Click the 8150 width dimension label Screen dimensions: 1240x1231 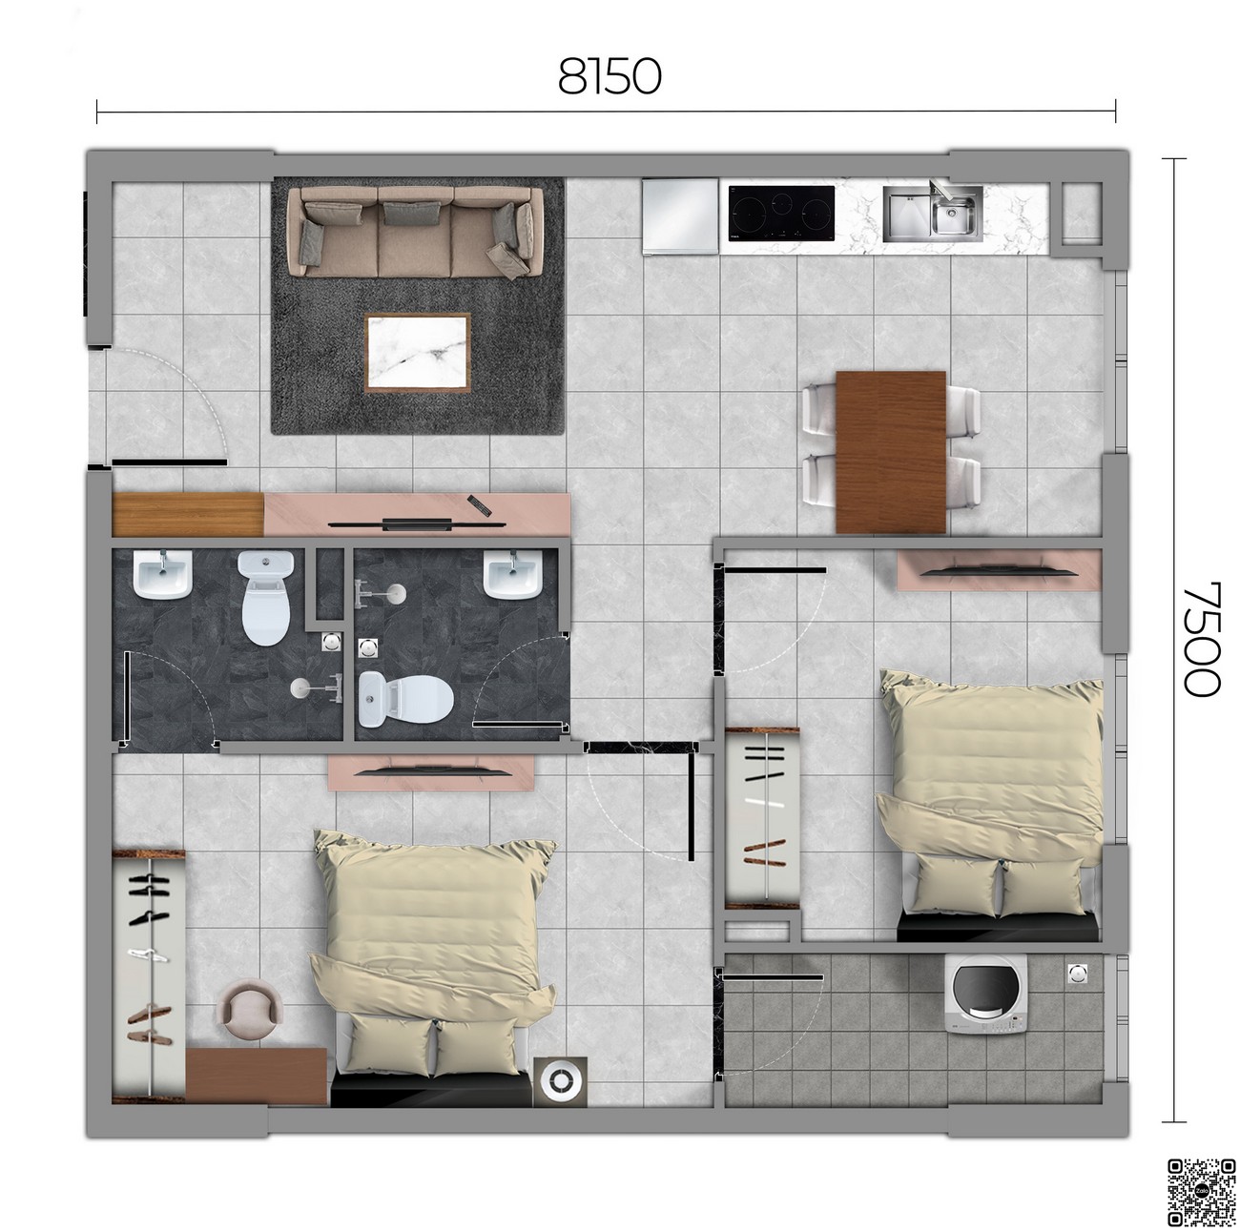click(x=609, y=76)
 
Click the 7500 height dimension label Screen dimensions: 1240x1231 click(x=1202, y=638)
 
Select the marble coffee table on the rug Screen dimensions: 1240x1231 click(x=417, y=352)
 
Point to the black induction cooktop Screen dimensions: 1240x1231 click(x=781, y=214)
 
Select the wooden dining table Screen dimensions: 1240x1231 click(x=891, y=452)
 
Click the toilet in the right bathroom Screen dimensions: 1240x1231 click(x=405, y=698)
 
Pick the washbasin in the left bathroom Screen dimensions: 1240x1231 click(x=162, y=574)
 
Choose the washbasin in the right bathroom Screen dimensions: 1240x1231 click(x=513, y=574)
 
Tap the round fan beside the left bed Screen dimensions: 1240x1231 click(x=560, y=1081)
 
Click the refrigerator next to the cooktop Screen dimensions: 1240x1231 click(x=679, y=215)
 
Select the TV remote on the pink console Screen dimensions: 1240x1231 click(x=479, y=505)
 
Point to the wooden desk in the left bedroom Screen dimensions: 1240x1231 click(x=257, y=1076)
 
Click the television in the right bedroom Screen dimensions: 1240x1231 click(x=998, y=571)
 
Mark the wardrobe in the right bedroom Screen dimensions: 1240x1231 click(x=762, y=818)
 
